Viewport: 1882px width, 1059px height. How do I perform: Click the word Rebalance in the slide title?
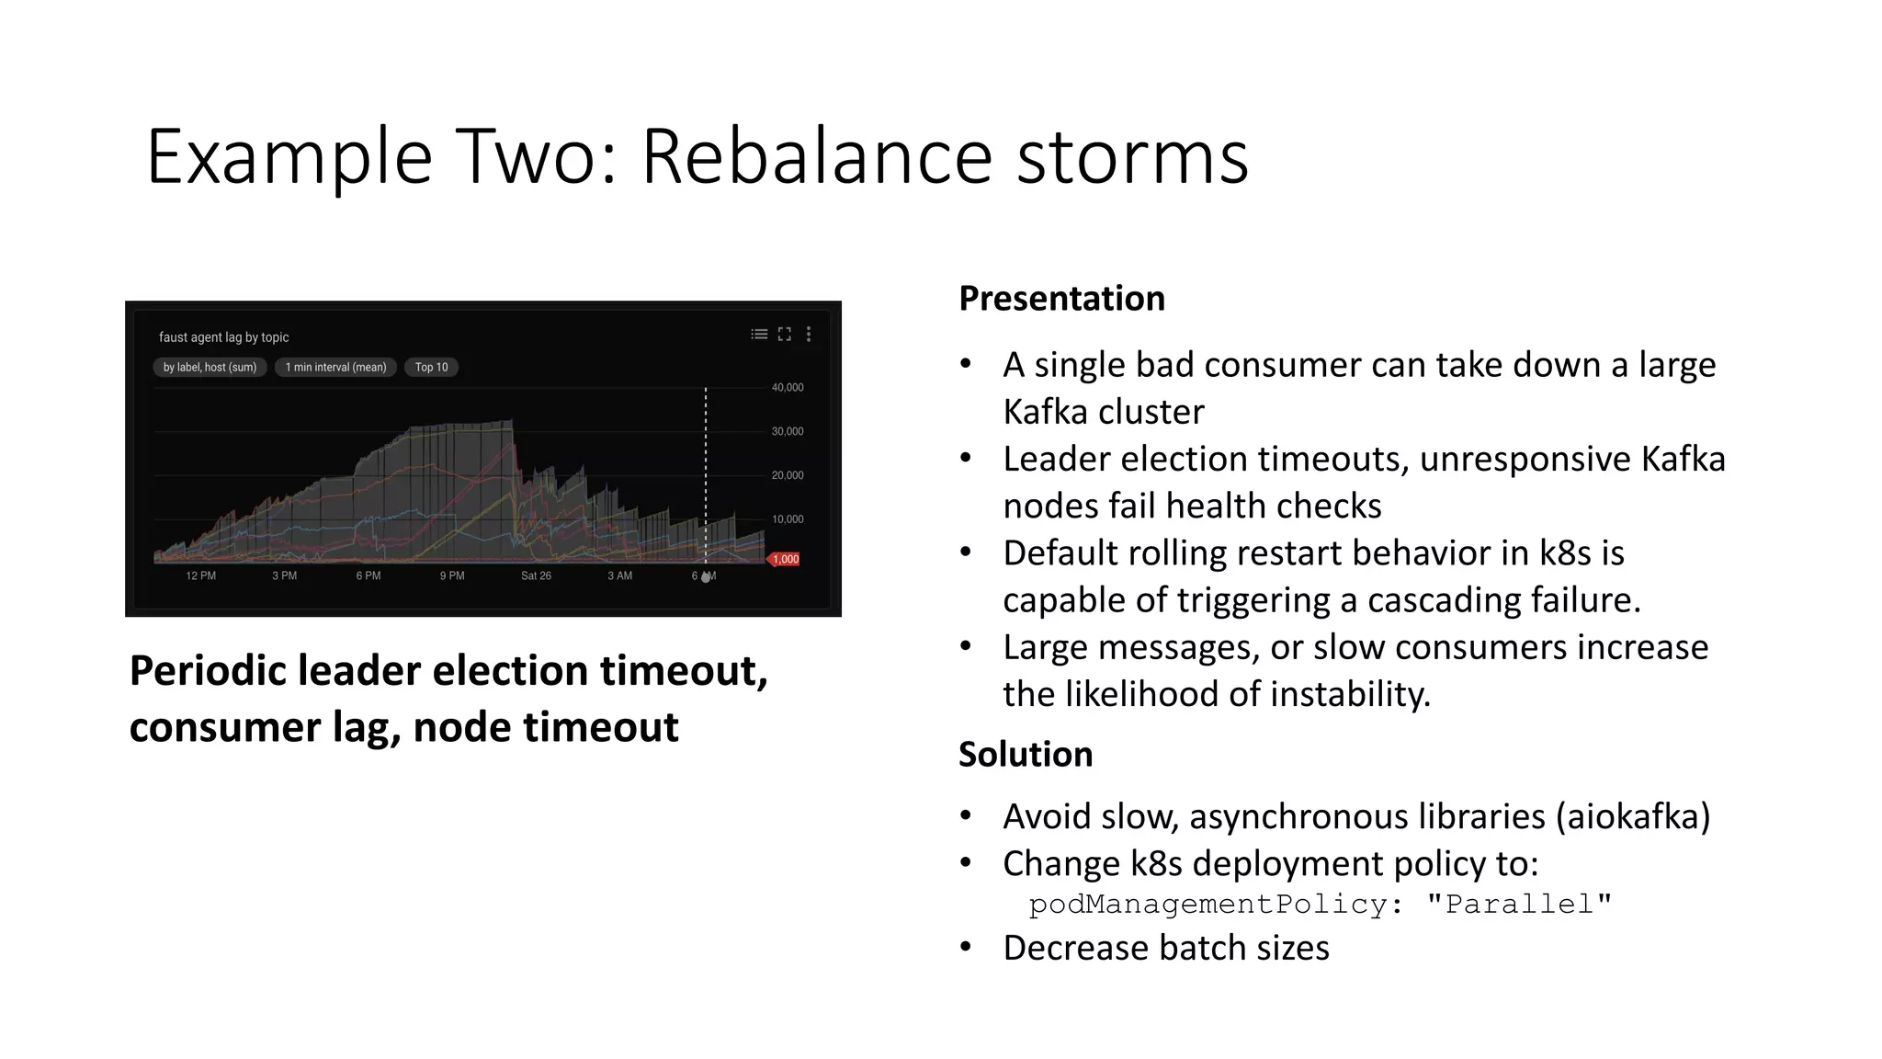pyautogui.click(x=816, y=156)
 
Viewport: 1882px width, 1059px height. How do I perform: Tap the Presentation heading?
pyautogui.click(x=1061, y=299)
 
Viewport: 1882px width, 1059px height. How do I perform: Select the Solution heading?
pyautogui.click(x=1026, y=755)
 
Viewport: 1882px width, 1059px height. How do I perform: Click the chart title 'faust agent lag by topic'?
pyautogui.click(x=223, y=337)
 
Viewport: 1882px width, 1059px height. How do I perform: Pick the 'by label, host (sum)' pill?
pyautogui.click(x=210, y=367)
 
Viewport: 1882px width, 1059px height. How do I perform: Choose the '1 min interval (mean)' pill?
pyautogui.click(x=335, y=367)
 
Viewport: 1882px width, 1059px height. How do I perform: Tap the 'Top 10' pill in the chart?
pyautogui.click(x=431, y=367)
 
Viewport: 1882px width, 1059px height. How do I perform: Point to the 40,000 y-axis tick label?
pyautogui.click(x=788, y=387)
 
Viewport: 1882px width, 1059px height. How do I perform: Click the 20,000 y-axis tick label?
pyautogui.click(x=788, y=475)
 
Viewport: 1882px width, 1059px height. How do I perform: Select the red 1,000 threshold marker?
pyautogui.click(x=784, y=559)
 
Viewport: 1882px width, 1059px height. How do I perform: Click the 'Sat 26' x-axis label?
pyautogui.click(x=536, y=575)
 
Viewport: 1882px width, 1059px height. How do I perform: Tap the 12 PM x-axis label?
pyautogui.click(x=200, y=575)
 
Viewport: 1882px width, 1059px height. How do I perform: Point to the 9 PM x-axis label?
pyautogui.click(x=452, y=575)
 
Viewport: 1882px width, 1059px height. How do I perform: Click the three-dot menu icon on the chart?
pyautogui.click(x=809, y=334)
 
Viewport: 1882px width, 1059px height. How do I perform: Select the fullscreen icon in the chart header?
pyautogui.click(x=784, y=334)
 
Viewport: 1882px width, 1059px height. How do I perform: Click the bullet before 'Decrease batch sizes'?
pyautogui.click(x=965, y=947)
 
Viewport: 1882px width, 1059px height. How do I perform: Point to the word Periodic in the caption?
pyautogui.click(x=208, y=671)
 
